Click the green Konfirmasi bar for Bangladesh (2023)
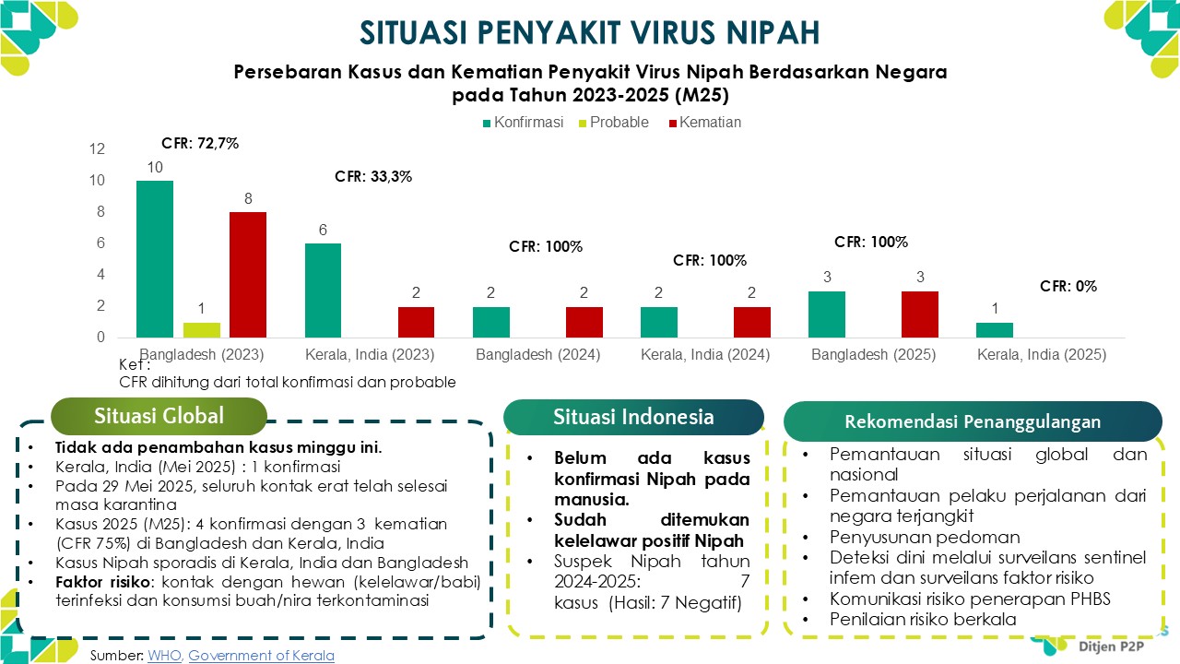pyautogui.click(x=154, y=259)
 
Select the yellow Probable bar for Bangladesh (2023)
pyautogui.click(x=201, y=330)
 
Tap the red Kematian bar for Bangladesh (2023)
pyautogui.click(x=247, y=275)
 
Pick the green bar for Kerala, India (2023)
pyautogui.click(x=323, y=290)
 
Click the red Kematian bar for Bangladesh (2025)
pyautogui.click(x=919, y=314)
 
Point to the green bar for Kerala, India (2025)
pyautogui.click(x=994, y=330)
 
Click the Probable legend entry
pyautogui.click(x=619, y=123)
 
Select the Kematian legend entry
pyautogui.click(x=709, y=123)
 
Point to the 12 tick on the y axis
pyautogui.click(x=98, y=149)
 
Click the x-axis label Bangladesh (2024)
pyautogui.click(x=537, y=355)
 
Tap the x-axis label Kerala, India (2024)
pyautogui.click(x=705, y=355)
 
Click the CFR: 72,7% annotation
pyautogui.click(x=200, y=143)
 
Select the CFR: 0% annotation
pyautogui.click(x=1068, y=286)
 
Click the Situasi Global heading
pyautogui.click(x=159, y=416)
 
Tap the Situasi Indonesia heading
pyautogui.click(x=633, y=417)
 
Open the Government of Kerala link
pyautogui.click(x=261, y=656)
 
